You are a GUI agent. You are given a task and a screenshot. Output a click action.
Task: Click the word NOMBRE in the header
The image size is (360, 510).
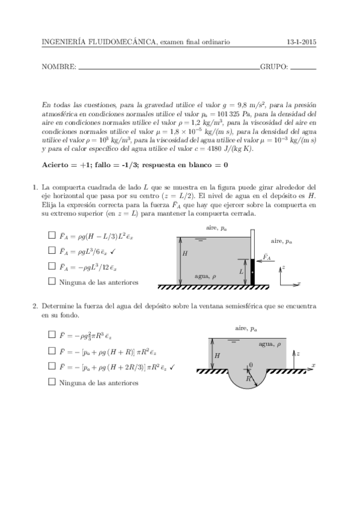pyautogui.click(x=59, y=67)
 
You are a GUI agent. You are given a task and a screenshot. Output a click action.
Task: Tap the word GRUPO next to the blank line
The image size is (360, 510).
pyautogui.click(x=273, y=67)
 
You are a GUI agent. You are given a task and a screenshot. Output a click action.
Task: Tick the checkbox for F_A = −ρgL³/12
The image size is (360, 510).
pyautogui.click(x=52, y=266)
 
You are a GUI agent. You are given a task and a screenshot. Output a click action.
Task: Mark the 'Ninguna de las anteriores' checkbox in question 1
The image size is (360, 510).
pyautogui.click(x=52, y=281)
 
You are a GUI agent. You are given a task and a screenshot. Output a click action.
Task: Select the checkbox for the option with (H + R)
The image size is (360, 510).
pyautogui.click(x=52, y=351)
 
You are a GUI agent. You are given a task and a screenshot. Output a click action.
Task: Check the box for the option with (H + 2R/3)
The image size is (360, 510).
pyautogui.click(x=52, y=366)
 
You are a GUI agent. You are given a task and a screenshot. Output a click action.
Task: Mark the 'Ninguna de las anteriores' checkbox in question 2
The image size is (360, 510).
pyautogui.click(x=52, y=382)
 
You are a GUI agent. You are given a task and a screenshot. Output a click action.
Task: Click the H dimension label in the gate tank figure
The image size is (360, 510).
pyautogui.click(x=185, y=254)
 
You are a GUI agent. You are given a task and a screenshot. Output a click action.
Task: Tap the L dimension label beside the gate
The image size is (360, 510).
pyautogui.click(x=241, y=272)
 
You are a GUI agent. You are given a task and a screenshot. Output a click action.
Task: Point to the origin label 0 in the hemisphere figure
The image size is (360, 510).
pyautogui.click(x=251, y=364)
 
